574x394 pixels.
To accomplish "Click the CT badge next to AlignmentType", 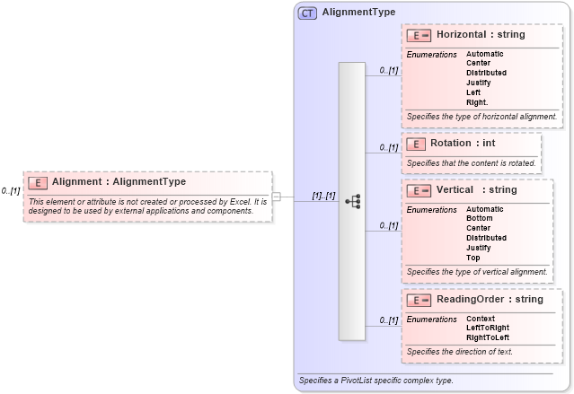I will point(307,13).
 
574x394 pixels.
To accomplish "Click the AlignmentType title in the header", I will point(358,13).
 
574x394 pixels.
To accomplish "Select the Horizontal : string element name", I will point(481,35).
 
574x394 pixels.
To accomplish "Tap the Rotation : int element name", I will point(463,143).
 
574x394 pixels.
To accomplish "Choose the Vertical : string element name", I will point(477,190).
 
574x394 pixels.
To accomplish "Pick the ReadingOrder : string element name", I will point(490,299).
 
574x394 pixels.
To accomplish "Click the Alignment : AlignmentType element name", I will point(119,182).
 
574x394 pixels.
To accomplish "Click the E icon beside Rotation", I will point(415,144).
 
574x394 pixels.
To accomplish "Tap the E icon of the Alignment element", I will point(37,182).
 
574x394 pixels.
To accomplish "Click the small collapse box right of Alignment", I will point(277,197).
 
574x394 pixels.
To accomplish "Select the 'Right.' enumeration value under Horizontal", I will point(478,102).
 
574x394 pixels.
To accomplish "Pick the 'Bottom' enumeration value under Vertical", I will point(479,218).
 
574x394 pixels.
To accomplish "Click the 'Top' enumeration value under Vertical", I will point(472,258).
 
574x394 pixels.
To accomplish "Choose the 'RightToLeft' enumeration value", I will point(488,337).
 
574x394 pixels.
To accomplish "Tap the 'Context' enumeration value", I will point(481,319).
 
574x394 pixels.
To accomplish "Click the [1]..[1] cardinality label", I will point(323,196).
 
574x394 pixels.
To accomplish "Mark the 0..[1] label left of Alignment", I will point(10,190).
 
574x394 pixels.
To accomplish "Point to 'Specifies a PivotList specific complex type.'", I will point(375,381).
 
